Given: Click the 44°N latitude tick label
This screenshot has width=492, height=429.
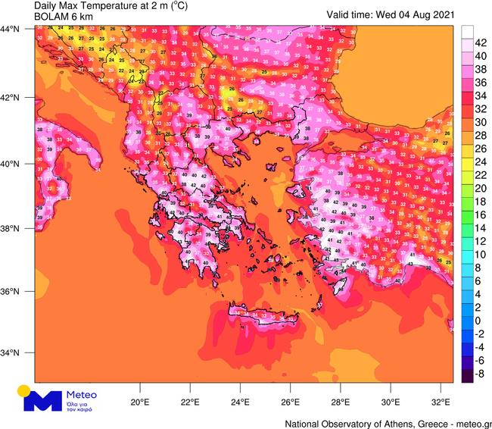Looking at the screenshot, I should (11, 28).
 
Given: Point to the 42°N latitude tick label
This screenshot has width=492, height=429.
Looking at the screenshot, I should (11, 98).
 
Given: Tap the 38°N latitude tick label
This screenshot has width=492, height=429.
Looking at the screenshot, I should (11, 228).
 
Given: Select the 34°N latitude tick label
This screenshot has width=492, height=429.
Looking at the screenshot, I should (11, 353).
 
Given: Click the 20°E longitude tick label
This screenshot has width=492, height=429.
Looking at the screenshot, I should (139, 402).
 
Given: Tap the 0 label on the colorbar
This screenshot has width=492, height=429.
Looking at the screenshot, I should (478, 321).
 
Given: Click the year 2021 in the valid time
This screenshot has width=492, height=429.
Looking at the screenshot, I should (446, 14).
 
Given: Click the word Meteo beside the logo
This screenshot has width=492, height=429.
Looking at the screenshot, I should (83, 395).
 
